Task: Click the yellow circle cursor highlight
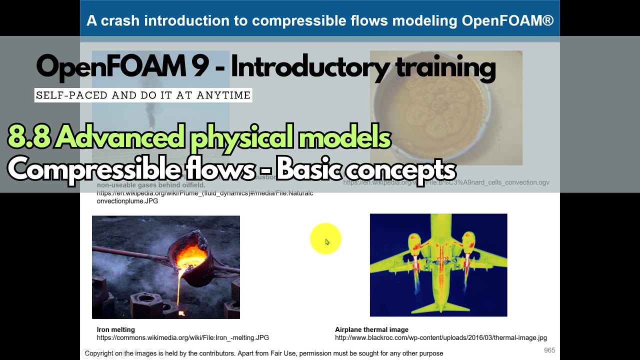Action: pos(325,238)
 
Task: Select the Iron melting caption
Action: pos(115,329)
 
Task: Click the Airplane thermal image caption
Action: pos(371,329)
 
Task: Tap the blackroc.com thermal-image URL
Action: pos(440,338)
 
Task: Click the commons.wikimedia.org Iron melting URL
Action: pos(182,338)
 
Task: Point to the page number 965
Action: pos(549,350)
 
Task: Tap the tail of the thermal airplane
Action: pos(438,305)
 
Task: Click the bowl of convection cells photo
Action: pos(445,107)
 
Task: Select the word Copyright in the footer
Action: pos(98,353)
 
